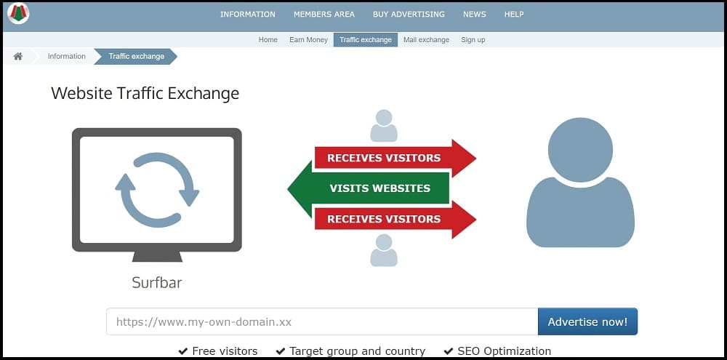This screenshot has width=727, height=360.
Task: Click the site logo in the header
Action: [19, 13]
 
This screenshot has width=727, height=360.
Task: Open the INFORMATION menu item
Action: [248, 15]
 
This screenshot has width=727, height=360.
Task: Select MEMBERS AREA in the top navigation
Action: [324, 15]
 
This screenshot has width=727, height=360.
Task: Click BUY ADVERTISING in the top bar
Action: [409, 15]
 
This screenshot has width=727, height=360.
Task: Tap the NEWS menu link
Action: [474, 15]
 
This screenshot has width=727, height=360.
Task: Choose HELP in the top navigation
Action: [514, 15]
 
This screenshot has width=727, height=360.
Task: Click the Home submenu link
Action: [268, 40]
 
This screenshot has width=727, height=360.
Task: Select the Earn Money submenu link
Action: [308, 40]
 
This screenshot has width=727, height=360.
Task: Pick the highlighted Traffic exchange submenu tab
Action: [366, 40]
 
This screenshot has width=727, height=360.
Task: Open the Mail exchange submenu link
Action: [426, 40]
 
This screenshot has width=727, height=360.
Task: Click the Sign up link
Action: [473, 40]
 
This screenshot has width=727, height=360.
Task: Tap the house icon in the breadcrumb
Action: [18, 56]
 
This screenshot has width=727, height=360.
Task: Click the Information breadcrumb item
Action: [67, 56]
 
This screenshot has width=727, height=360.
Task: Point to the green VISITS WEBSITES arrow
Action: [369, 188]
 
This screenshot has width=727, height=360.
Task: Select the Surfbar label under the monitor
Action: [157, 282]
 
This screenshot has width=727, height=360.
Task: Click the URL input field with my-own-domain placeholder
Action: [322, 321]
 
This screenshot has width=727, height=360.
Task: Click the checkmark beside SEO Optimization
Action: [448, 351]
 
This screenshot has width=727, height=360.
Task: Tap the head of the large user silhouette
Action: [580, 150]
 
